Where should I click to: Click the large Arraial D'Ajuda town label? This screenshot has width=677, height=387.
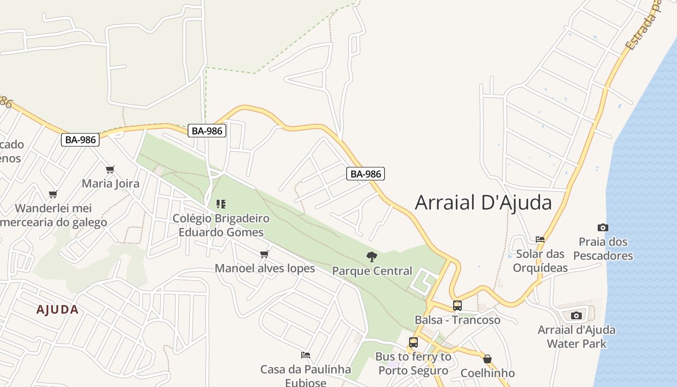point(483,202)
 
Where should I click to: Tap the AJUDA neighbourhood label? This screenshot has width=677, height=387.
point(57,310)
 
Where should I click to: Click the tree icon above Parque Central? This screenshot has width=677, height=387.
point(371,257)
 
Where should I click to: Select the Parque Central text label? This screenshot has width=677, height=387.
point(372,271)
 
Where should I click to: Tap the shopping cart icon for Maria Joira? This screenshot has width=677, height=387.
point(110,169)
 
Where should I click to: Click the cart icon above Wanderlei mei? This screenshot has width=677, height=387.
point(53,194)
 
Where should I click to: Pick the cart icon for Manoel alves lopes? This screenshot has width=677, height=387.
point(264,254)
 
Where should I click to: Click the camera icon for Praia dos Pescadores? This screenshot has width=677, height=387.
point(603,227)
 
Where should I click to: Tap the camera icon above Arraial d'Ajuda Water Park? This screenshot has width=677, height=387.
point(576,316)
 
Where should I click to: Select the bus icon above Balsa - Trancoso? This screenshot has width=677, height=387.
point(457,306)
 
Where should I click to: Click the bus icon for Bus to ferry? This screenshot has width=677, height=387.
point(413,342)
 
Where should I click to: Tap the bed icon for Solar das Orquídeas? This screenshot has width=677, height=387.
point(540,239)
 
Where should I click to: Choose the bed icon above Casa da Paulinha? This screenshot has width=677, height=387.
point(305,355)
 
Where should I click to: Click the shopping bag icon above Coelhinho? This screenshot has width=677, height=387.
point(487,359)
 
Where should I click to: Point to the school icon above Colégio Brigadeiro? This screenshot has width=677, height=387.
point(221,204)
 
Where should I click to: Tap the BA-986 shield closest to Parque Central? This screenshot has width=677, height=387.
point(365,174)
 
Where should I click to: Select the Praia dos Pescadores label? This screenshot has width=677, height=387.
point(603,249)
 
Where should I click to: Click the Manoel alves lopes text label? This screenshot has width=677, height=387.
point(265,268)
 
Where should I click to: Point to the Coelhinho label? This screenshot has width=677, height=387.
point(487,373)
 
